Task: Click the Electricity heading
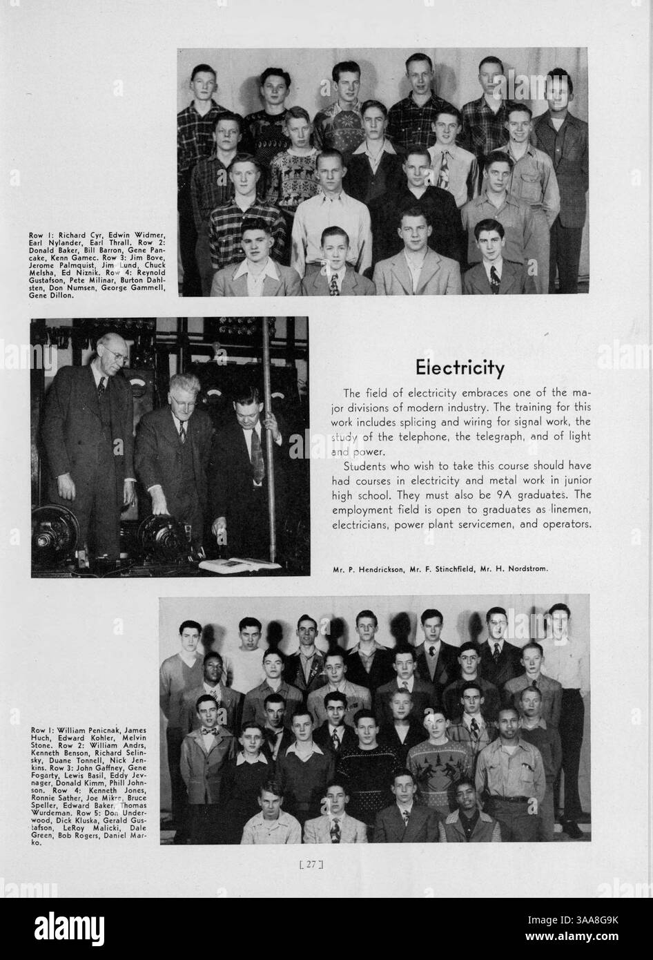pos(459,367)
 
